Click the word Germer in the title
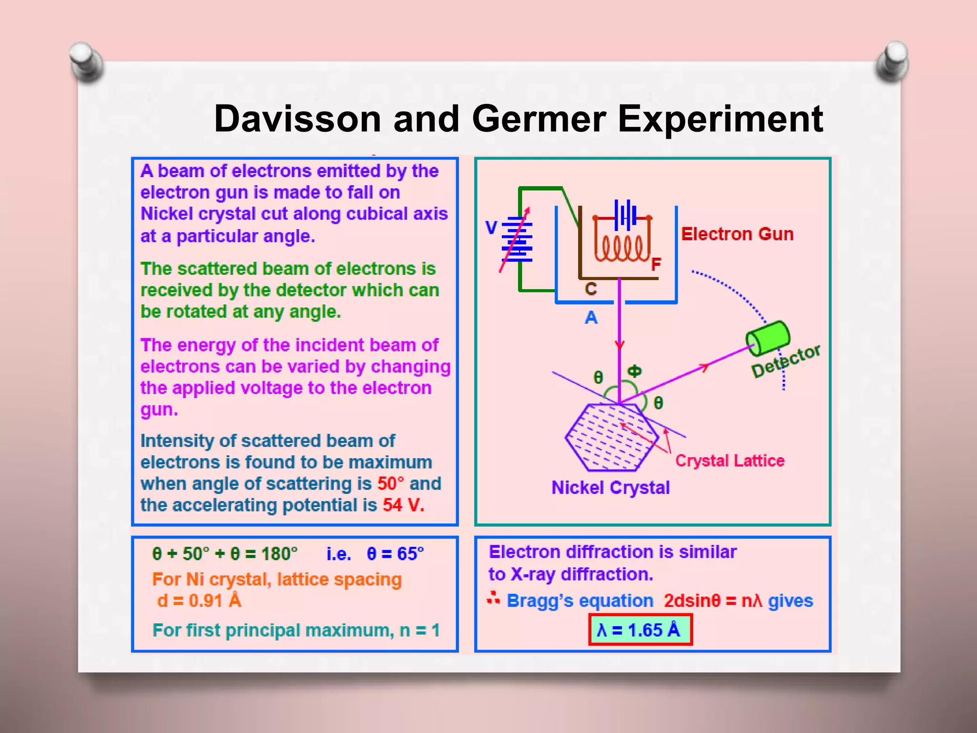(539, 119)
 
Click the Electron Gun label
(737, 234)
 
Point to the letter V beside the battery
(491, 228)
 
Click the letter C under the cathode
(591, 289)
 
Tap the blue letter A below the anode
(591, 318)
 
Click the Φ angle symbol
(634, 371)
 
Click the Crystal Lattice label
(729, 461)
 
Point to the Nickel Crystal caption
(610, 488)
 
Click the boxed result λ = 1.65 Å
(640, 630)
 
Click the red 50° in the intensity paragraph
(390, 484)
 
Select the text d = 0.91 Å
(199, 601)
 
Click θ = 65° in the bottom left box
(395, 554)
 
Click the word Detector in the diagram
(786, 361)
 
